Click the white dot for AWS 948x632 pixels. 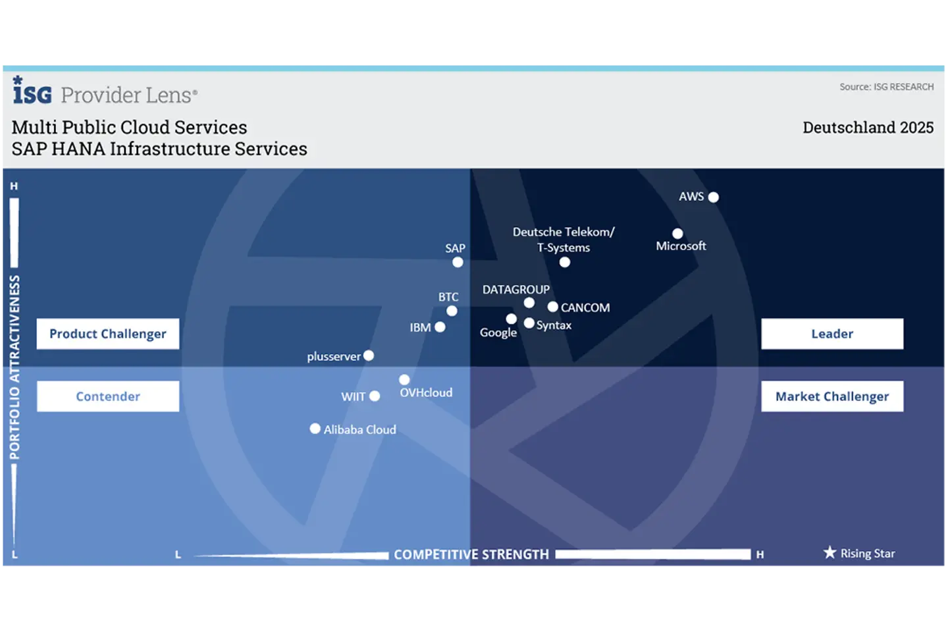point(713,197)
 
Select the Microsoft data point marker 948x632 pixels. point(677,233)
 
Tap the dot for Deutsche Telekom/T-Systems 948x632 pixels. point(565,262)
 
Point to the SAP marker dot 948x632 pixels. point(458,262)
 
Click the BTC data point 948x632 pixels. point(452,311)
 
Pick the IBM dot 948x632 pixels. point(440,327)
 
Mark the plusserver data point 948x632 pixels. point(369,355)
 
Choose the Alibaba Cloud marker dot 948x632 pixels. point(315,429)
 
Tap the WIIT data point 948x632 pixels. point(375,396)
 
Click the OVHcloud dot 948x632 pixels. point(404,379)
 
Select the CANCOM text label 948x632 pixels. point(585,307)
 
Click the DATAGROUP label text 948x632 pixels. point(516,290)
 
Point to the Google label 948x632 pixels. point(498,332)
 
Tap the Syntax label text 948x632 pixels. point(554,325)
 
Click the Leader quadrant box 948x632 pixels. point(832,334)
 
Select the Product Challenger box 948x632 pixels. point(108,334)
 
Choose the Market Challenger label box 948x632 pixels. point(832,396)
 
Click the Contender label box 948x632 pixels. point(108,396)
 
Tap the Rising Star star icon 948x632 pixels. point(830,552)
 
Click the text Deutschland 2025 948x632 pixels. point(868,128)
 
